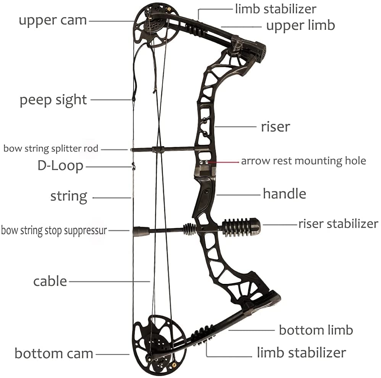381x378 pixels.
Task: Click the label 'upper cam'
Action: tap(53, 20)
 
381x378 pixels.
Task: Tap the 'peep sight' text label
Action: tap(53, 100)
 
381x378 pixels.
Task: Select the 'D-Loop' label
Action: tap(60, 166)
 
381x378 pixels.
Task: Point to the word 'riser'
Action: tap(275, 127)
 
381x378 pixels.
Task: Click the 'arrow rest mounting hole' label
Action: tap(303, 161)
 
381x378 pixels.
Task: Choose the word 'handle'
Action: tap(284, 194)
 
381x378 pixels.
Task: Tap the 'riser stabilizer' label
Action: tap(338, 224)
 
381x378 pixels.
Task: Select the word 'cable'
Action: tap(50, 281)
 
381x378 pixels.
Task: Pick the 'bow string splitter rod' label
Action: tap(51, 148)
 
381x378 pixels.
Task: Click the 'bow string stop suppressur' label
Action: tap(54, 231)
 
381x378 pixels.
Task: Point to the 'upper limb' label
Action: tap(300, 26)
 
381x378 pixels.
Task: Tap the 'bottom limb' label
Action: tap(316, 330)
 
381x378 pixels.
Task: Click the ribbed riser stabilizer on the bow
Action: tap(241, 227)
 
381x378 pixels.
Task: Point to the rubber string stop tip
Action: tap(140, 231)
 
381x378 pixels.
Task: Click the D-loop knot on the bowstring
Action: tap(133, 166)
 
